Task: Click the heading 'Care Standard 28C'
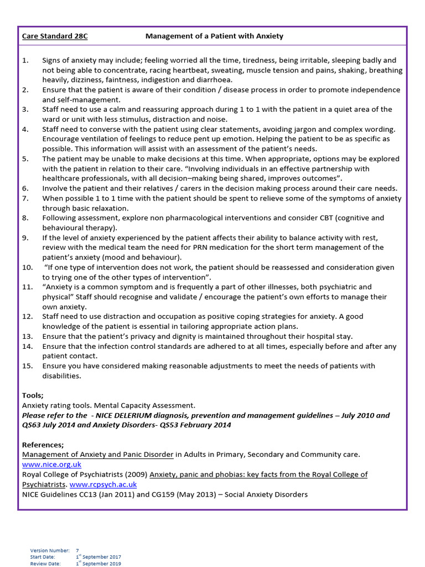[55, 36]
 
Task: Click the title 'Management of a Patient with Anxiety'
[214, 36]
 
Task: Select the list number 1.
[25, 60]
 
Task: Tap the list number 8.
[25, 218]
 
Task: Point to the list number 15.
[27, 366]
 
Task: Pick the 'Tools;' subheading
[33, 395]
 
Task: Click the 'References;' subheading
[43, 445]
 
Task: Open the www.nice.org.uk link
[51, 465]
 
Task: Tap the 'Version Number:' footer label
[50, 550]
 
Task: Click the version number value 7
[77, 550]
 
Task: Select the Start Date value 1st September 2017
[99, 557]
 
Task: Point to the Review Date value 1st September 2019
[99, 564]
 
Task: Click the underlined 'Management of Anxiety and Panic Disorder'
[97, 455]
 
